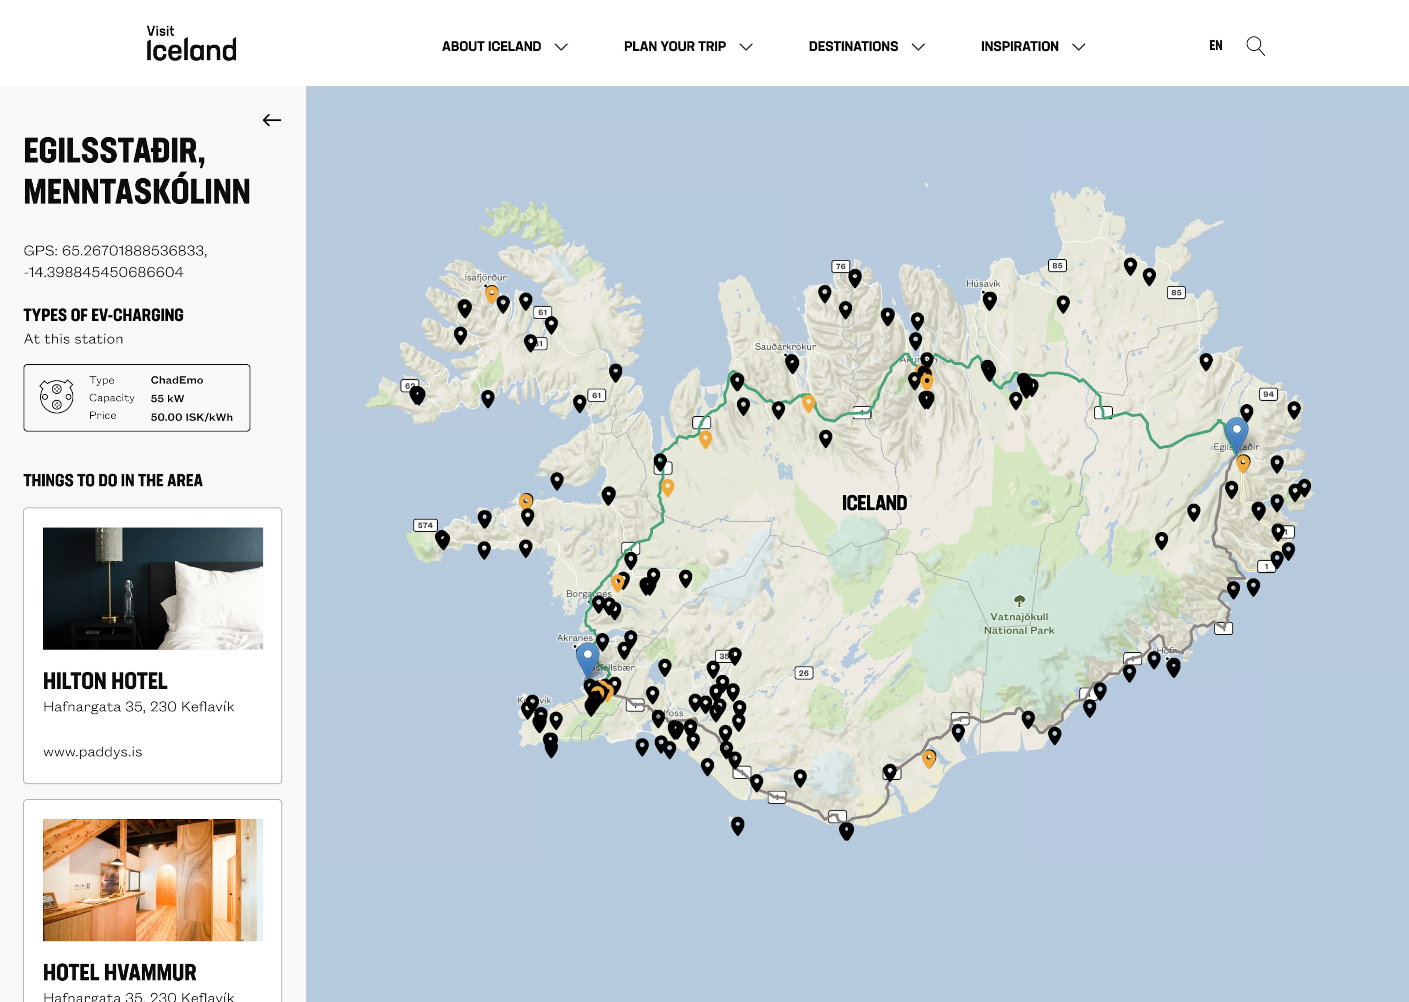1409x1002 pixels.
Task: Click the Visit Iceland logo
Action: point(191,44)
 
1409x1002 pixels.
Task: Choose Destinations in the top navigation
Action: point(866,46)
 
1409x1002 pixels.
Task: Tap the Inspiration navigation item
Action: point(1032,46)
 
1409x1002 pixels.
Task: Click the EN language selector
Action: point(1215,45)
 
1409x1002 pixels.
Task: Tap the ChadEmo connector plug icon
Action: point(56,397)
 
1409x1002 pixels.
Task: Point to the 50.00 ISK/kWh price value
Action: point(191,417)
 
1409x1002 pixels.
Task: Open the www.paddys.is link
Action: point(92,751)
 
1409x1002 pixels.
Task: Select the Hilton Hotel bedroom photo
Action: point(153,588)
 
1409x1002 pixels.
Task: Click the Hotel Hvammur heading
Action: point(120,972)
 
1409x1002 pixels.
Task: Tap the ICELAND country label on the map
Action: point(874,503)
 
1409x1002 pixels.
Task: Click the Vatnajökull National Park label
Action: point(1019,623)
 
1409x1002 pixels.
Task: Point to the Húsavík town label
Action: point(983,284)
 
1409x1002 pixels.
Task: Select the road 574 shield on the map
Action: point(425,525)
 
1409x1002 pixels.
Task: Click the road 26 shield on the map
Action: point(803,673)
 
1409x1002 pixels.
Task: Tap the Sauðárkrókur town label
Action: point(785,347)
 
